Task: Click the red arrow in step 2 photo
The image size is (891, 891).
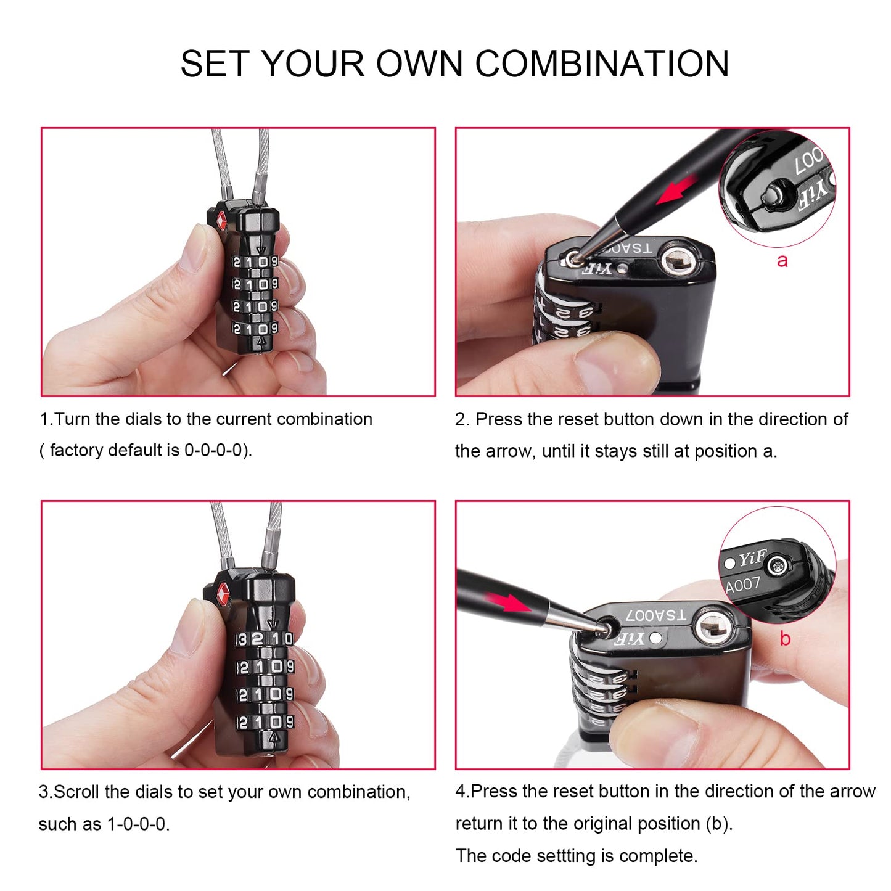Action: [x=676, y=189]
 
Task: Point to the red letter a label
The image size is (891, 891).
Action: [x=782, y=260]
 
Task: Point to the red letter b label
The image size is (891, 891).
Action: [x=784, y=638]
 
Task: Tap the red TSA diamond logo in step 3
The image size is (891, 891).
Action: [x=223, y=595]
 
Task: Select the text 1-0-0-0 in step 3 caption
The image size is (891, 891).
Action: [x=136, y=824]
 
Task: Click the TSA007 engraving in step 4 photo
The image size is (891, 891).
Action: [x=655, y=615]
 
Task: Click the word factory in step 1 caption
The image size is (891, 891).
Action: [x=76, y=450]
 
